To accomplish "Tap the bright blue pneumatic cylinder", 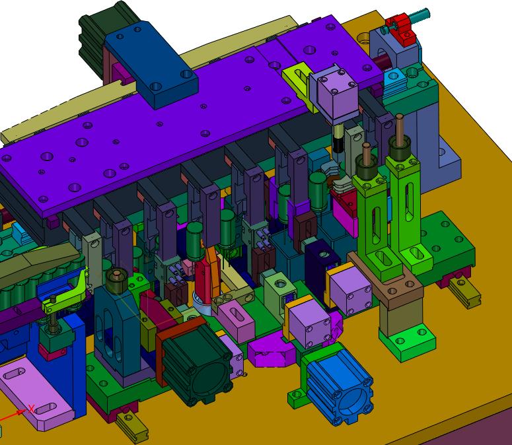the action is tap(340, 386).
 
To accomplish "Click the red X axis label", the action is tap(31, 409).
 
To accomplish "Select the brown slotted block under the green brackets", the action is tap(385, 281).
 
